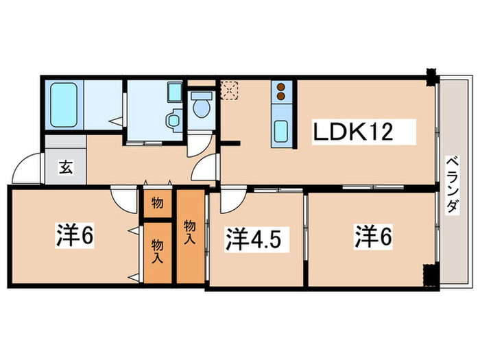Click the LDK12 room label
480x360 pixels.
pos(353,131)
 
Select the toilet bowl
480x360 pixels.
pos(201,106)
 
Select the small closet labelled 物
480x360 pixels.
pos(157,203)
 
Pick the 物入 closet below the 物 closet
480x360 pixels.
pos(157,251)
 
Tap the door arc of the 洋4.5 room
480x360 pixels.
pos(231,200)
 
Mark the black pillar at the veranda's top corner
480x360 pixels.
pos(432,75)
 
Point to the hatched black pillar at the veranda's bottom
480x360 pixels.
pos(430,275)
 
